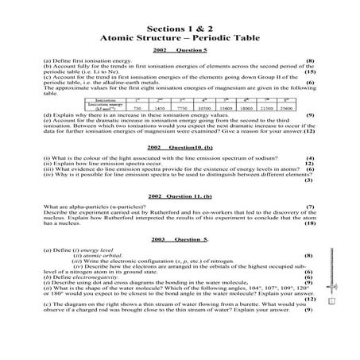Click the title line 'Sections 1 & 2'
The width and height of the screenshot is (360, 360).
(x=180, y=25)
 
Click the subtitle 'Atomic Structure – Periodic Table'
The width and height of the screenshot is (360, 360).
(x=180, y=37)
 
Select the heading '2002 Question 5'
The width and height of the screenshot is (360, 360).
(x=180, y=50)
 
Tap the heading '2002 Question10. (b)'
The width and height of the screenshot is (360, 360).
(x=180, y=149)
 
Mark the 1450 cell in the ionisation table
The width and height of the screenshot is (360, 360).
(x=159, y=107)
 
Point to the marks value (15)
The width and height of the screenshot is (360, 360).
(x=310, y=72)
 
